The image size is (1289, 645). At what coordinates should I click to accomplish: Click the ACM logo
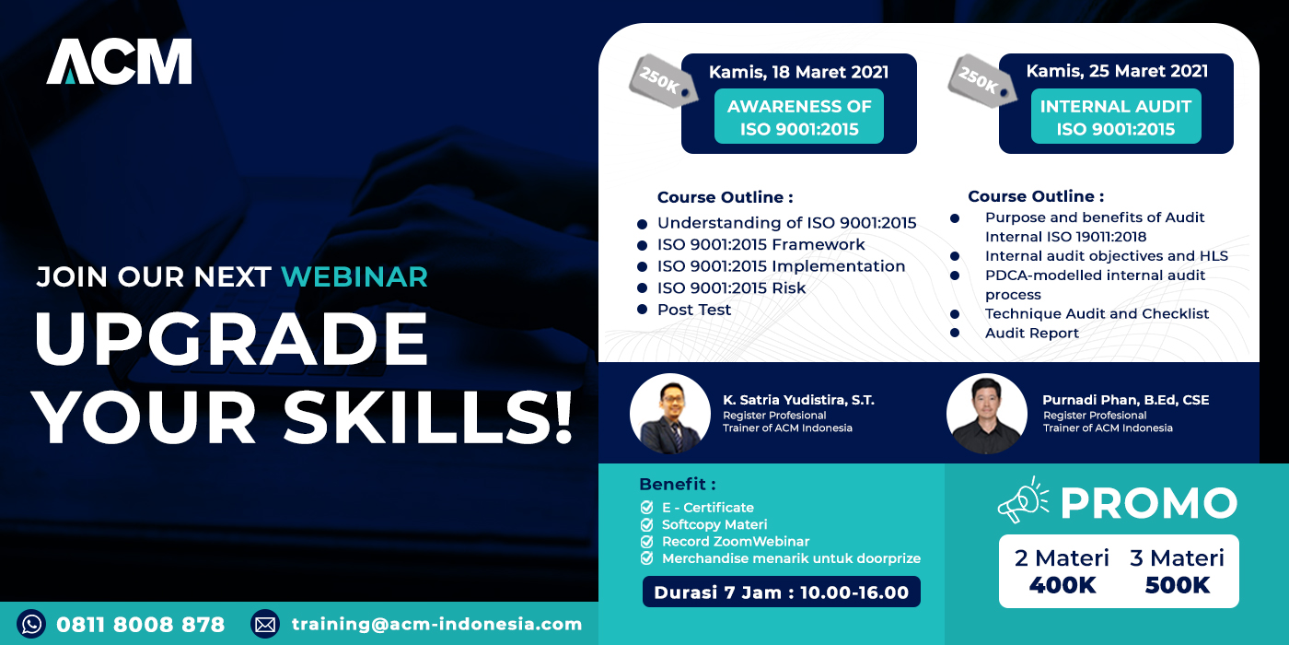[119, 62]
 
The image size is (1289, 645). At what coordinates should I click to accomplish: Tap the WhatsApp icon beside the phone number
[31, 625]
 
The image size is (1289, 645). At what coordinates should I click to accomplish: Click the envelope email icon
[265, 625]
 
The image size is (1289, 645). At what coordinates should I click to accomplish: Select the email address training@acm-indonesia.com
[436, 624]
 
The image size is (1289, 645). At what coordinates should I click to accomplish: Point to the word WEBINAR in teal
[354, 277]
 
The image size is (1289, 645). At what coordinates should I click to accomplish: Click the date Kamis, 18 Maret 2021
[799, 72]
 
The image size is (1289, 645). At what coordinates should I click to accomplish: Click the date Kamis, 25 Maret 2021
[1117, 71]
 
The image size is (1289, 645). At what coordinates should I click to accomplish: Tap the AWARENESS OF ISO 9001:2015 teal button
[799, 116]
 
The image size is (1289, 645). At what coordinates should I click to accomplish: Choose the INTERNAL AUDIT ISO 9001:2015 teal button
[1116, 116]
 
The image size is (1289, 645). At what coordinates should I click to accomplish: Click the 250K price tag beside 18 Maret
[662, 81]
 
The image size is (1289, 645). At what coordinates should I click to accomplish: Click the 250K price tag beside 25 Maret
[981, 81]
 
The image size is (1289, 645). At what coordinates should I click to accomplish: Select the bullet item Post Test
[694, 310]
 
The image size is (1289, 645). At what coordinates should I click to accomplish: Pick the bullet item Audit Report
[1032, 333]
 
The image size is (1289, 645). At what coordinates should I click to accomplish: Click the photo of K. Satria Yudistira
[670, 414]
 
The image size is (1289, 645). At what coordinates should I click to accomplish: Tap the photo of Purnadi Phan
[987, 414]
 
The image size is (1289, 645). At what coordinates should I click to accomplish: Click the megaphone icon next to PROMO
[1023, 499]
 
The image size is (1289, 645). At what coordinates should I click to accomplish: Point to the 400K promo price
[1063, 585]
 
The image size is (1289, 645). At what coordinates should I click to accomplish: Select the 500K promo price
[1178, 585]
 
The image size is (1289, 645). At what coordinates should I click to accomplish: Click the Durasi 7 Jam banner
[782, 592]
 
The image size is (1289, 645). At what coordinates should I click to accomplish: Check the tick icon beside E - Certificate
[646, 508]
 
